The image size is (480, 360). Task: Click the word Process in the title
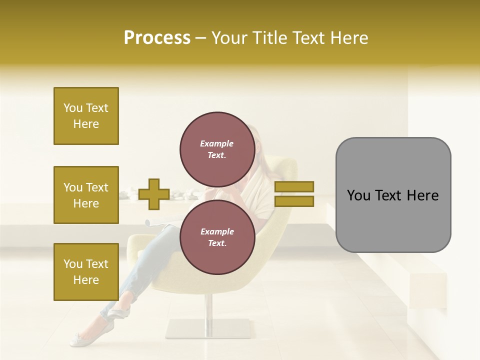(x=157, y=38)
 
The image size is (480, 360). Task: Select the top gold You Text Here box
(x=86, y=116)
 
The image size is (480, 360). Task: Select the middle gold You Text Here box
(x=86, y=195)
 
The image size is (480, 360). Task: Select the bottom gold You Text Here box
(x=86, y=272)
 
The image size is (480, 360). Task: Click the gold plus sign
(x=153, y=194)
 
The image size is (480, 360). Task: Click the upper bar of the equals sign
(x=294, y=186)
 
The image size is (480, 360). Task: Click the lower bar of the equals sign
(x=294, y=201)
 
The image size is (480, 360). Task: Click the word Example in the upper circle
(x=217, y=143)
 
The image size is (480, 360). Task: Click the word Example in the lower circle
(x=217, y=231)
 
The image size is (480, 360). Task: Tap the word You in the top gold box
(x=73, y=108)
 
